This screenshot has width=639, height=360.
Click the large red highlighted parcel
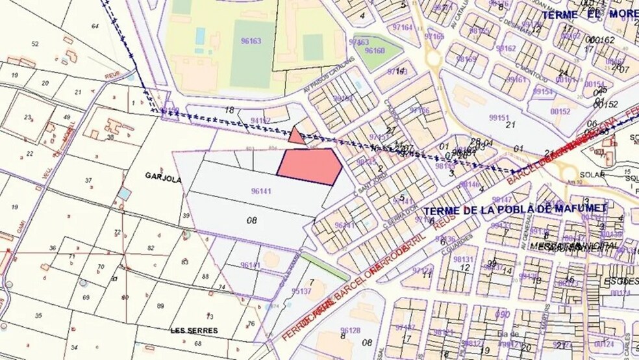[x=309, y=166]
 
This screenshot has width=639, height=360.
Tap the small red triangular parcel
[x=296, y=136]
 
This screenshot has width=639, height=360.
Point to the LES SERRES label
[x=194, y=331]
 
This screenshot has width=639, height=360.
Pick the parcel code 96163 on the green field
[x=251, y=41]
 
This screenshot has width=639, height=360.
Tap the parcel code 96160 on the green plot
[x=375, y=50]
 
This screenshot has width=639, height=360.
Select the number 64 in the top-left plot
[x=95, y=26]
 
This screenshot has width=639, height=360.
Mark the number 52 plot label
[x=35, y=44]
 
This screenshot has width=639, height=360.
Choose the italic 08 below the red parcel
[x=253, y=220]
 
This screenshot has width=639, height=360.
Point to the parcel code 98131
[x=464, y=259]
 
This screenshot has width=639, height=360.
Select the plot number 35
[x=38, y=316]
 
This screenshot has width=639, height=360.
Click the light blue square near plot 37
[x=124, y=194]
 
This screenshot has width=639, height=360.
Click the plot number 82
[x=151, y=248]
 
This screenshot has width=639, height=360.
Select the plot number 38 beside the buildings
[x=110, y=137]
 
